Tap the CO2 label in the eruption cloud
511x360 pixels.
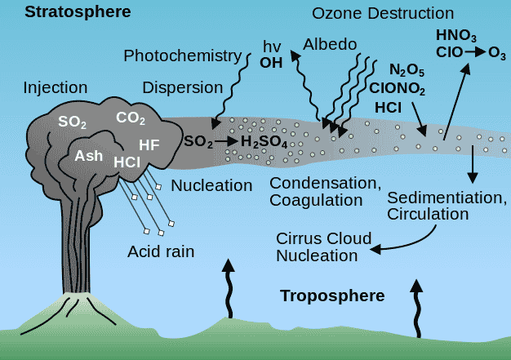tap(131, 118)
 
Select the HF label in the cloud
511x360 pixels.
tap(149, 144)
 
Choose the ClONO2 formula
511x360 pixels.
tap(397, 87)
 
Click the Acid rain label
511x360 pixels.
tap(161, 251)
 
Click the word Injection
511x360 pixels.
tap(56, 87)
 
